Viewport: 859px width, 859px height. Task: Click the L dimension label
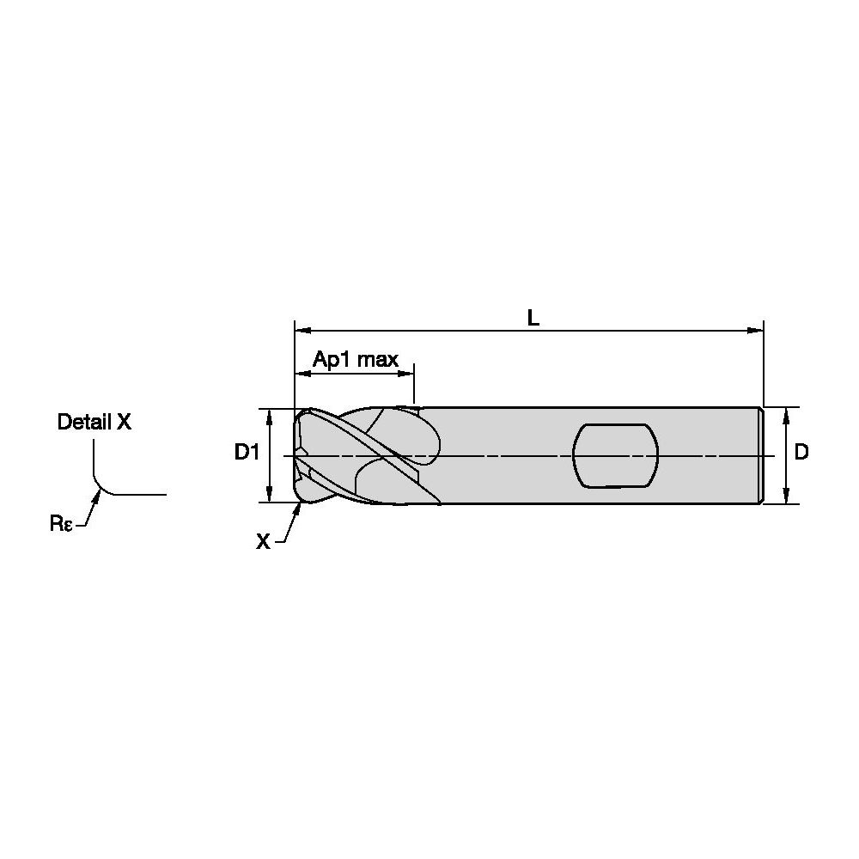point(533,318)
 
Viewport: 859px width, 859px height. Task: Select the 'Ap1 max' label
point(356,360)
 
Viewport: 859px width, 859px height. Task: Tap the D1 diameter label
point(247,452)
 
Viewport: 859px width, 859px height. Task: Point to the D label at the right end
point(801,452)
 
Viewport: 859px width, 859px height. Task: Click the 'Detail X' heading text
point(94,422)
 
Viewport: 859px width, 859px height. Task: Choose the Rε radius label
point(61,524)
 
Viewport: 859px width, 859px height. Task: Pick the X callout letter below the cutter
point(263,542)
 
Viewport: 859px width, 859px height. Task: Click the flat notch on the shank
point(615,455)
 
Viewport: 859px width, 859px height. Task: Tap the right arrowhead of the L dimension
point(755,331)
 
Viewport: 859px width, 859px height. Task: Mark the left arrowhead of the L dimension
point(303,331)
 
